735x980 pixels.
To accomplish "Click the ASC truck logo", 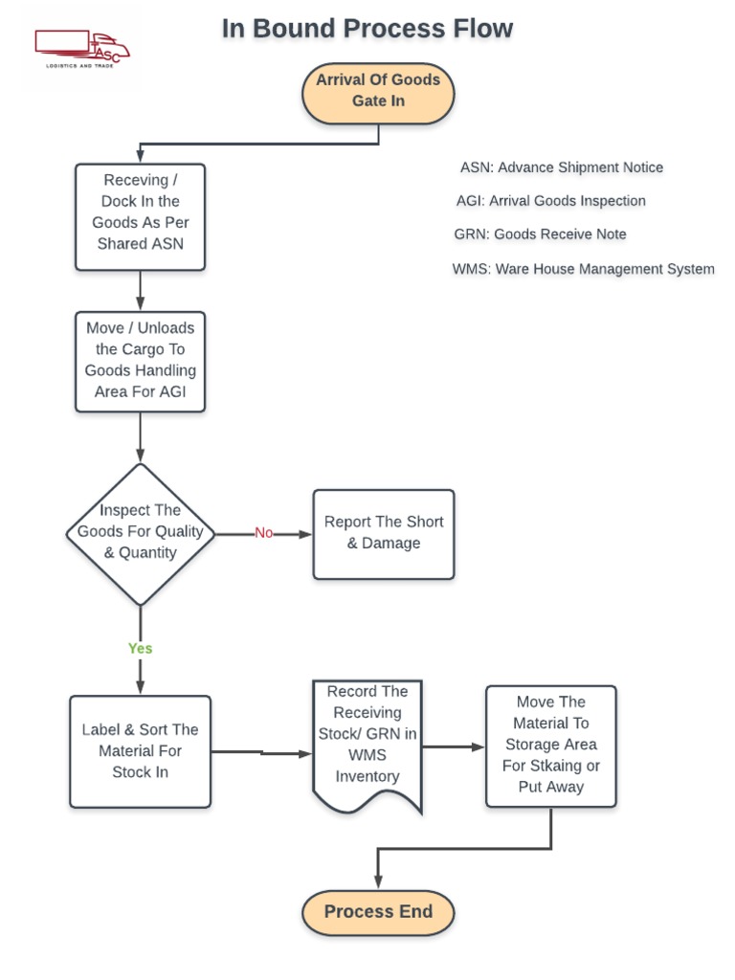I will [x=81, y=49].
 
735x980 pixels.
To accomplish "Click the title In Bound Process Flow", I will [x=367, y=29].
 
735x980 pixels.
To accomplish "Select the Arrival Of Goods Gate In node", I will [x=378, y=91].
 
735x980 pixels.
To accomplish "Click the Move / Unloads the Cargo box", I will [x=140, y=360].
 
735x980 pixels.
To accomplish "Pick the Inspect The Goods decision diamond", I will [x=141, y=533].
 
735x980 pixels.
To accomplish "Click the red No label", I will [x=264, y=533].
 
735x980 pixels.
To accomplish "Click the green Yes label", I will [x=141, y=649].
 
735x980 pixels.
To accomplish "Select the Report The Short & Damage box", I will [x=383, y=533].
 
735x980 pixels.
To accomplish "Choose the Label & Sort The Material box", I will [x=140, y=751].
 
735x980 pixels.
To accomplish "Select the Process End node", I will [x=378, y=912].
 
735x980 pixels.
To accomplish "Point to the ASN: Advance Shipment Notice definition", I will [x=561, y=167].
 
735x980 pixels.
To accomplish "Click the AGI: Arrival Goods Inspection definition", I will [x=550, y=201].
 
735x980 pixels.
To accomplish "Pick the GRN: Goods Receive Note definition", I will [x=540, y=234].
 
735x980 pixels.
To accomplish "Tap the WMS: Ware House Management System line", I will [x=583, y=269].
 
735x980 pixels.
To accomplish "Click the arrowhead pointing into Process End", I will [x=378, y=881].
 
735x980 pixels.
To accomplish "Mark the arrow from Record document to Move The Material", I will [x=454, y=746].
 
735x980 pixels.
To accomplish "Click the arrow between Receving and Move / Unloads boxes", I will [x=141, y=290].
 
